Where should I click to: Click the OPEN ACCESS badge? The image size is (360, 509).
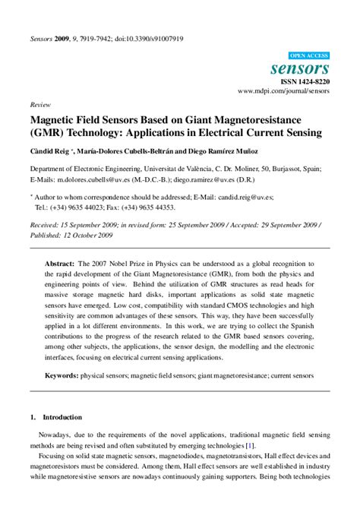pyautogui.click(x=310, y=56)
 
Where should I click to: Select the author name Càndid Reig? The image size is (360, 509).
pyautogui.click(x=49, y=150)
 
